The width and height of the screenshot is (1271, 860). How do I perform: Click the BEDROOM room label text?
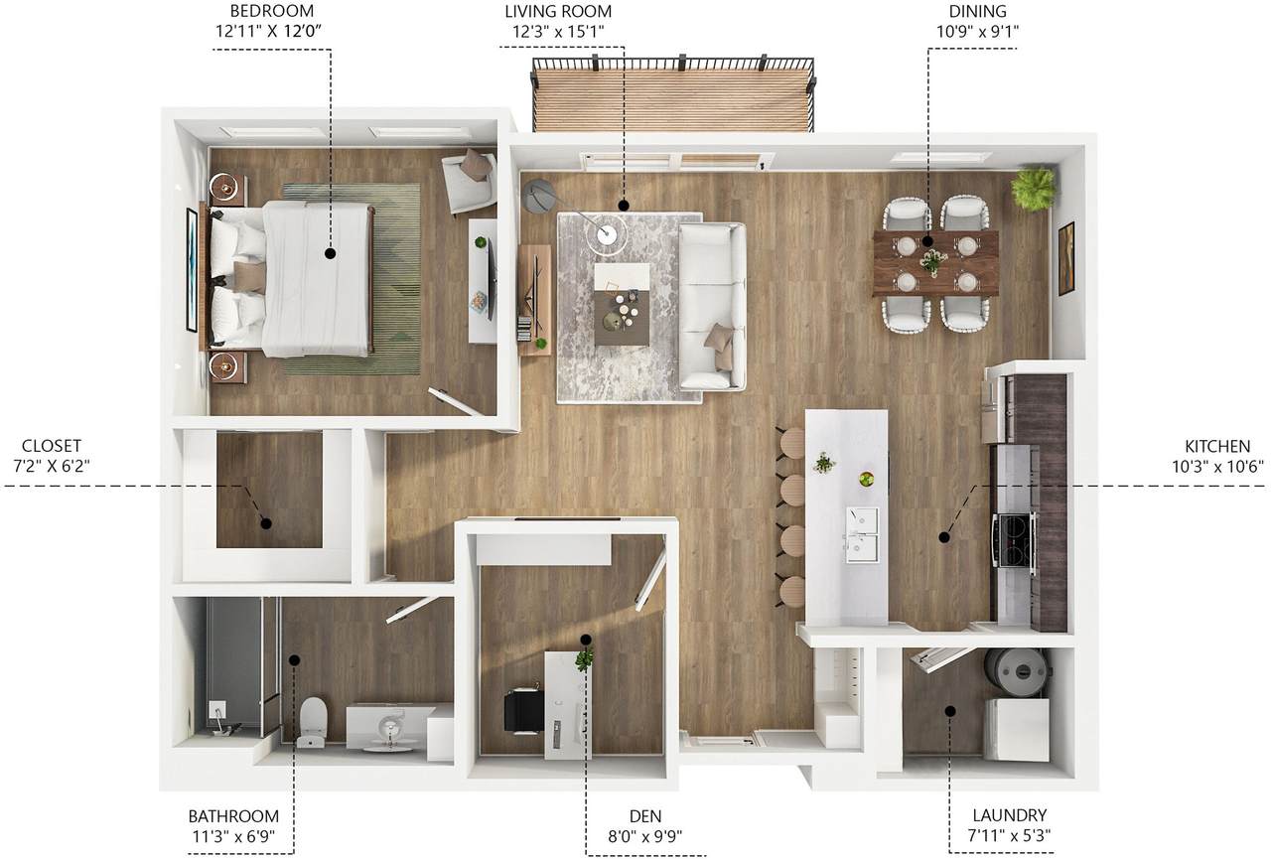coord(271,11)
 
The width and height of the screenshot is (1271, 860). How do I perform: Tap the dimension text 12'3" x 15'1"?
coord(558,32)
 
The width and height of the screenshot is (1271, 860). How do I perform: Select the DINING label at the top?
coord(977,11)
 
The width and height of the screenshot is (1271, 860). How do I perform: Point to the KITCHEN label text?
coord(1217,446)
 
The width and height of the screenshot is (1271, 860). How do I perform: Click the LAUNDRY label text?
coord(1010,815)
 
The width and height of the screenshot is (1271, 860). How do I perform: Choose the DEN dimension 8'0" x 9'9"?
coord(645,836)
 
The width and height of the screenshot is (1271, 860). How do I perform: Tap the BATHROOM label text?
coord(233,816)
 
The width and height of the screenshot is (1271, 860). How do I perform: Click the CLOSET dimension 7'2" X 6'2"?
coord(51,466)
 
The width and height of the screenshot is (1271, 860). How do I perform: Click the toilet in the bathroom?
coord(312,722)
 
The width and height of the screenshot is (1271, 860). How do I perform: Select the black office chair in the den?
coord(522,711)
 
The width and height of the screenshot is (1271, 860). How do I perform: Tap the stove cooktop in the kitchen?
coord(1014,540)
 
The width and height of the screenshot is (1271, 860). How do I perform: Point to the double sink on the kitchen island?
coord(863,535)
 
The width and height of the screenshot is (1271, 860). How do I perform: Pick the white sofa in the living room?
coord(712,306)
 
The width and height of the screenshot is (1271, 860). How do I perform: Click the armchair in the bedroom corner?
coord(470,181)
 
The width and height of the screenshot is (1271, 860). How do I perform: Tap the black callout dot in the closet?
coord(265,523)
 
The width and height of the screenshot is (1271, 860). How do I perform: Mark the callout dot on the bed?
coord(331,253)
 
